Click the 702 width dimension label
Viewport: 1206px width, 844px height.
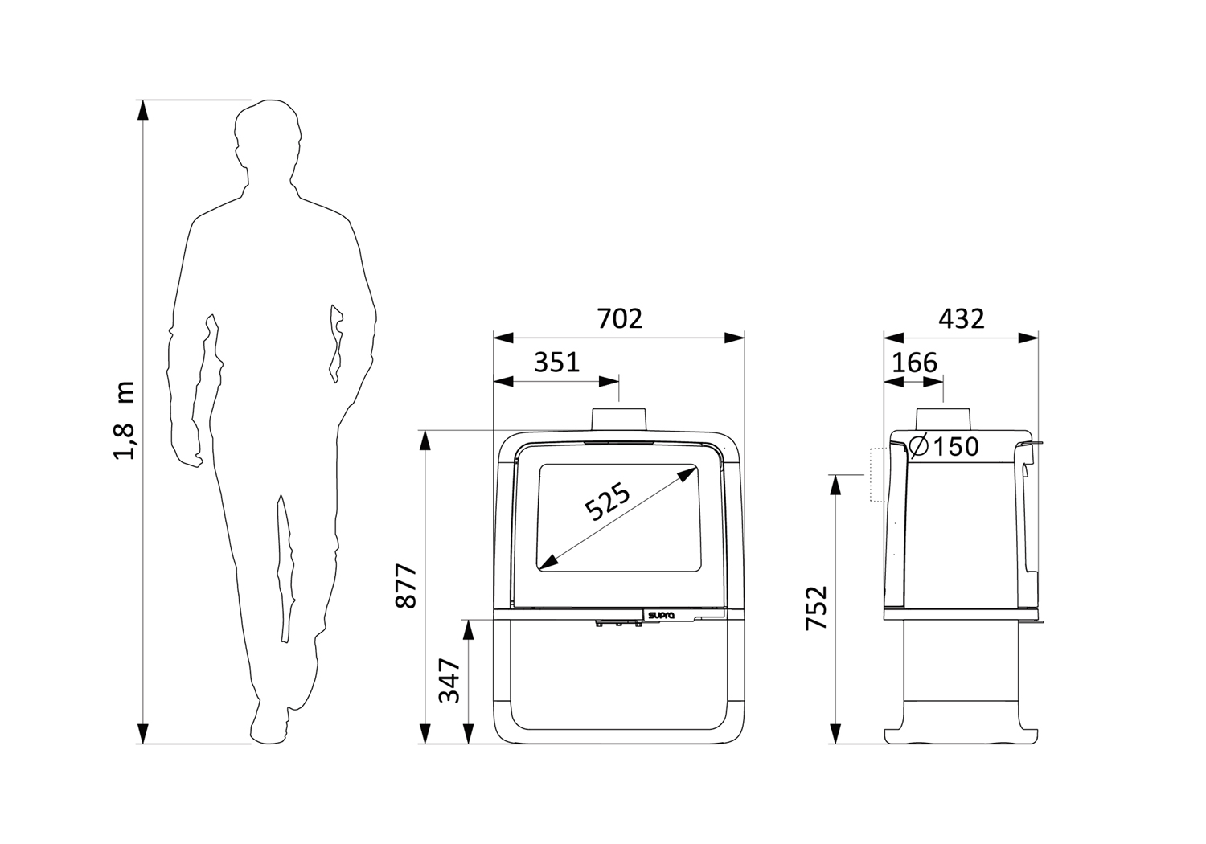point(620,318)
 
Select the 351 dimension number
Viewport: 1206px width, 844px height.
point(556,363)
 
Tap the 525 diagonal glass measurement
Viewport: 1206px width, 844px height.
point(607,502)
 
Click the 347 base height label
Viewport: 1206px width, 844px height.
point(449,680)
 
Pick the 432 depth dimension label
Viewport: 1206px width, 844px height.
point(962,318)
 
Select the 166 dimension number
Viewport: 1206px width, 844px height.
point(915,363)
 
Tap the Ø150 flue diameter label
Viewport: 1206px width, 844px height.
point(943,446)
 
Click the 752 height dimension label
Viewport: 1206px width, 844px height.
point(816,608)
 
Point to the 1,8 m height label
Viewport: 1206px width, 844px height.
point(125,420)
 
